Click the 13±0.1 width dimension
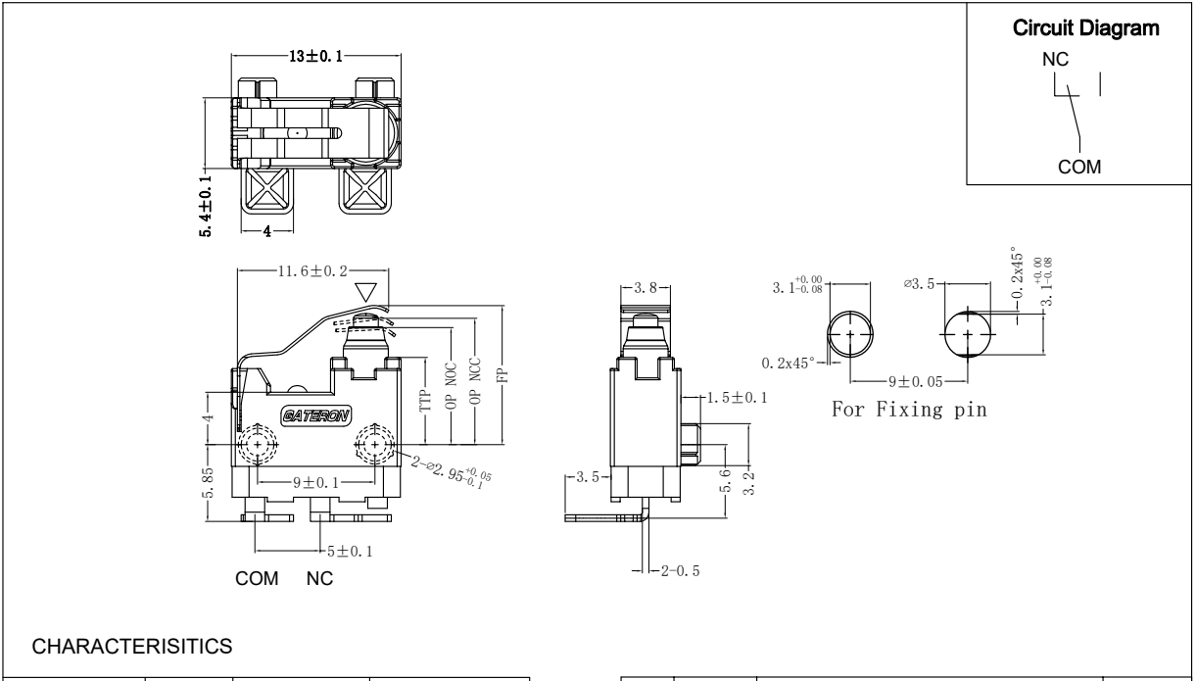point(315,57)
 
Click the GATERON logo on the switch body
point(312,413)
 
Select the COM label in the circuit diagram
point(1078,167)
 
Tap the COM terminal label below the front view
point(256,579)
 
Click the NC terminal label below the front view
point(320,579)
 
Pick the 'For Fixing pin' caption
point(908,410)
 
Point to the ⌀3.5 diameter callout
point(926,284)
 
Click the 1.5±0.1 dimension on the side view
point(736,398)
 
